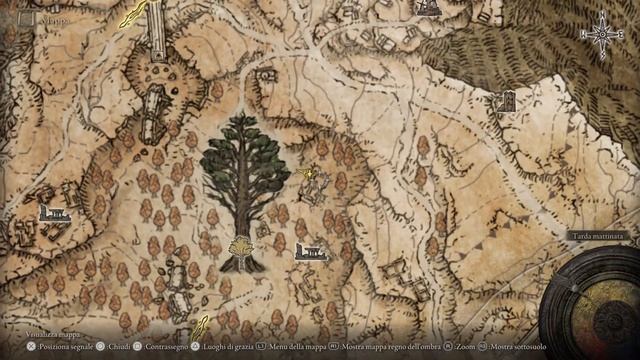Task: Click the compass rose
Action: pos(603,36)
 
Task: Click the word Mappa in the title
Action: pos(55,18)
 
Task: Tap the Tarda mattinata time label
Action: pos(597,236)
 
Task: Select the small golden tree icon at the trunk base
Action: pos(241,247)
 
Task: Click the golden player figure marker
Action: pos(312,177)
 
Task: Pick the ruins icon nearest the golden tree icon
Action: pos(311,251)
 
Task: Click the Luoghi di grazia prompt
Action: pos(227,347)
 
